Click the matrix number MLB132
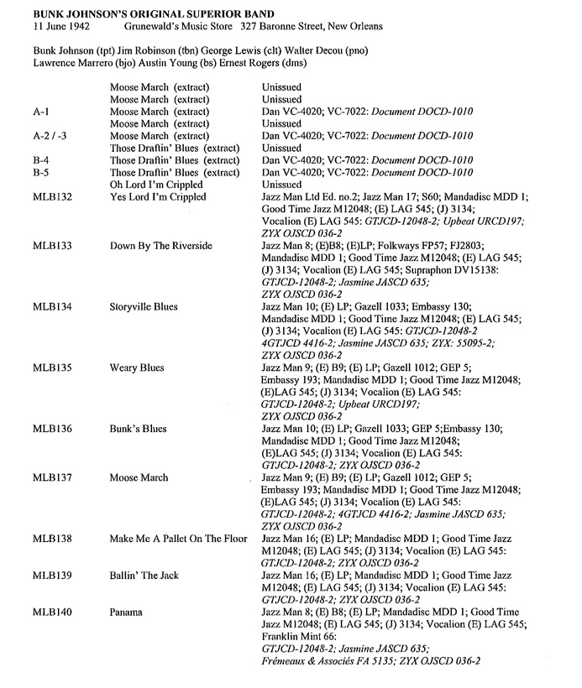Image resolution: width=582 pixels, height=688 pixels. [50, 197]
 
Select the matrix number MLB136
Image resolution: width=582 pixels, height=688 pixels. [50, 429]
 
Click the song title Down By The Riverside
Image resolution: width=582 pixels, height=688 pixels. [161, 246]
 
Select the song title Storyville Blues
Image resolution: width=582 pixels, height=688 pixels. [144, 307]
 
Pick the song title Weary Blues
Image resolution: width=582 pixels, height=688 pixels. [137, 367]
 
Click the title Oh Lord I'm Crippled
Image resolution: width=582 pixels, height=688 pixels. [156, 185]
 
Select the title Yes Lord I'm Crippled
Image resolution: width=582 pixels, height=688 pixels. [157, 197]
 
